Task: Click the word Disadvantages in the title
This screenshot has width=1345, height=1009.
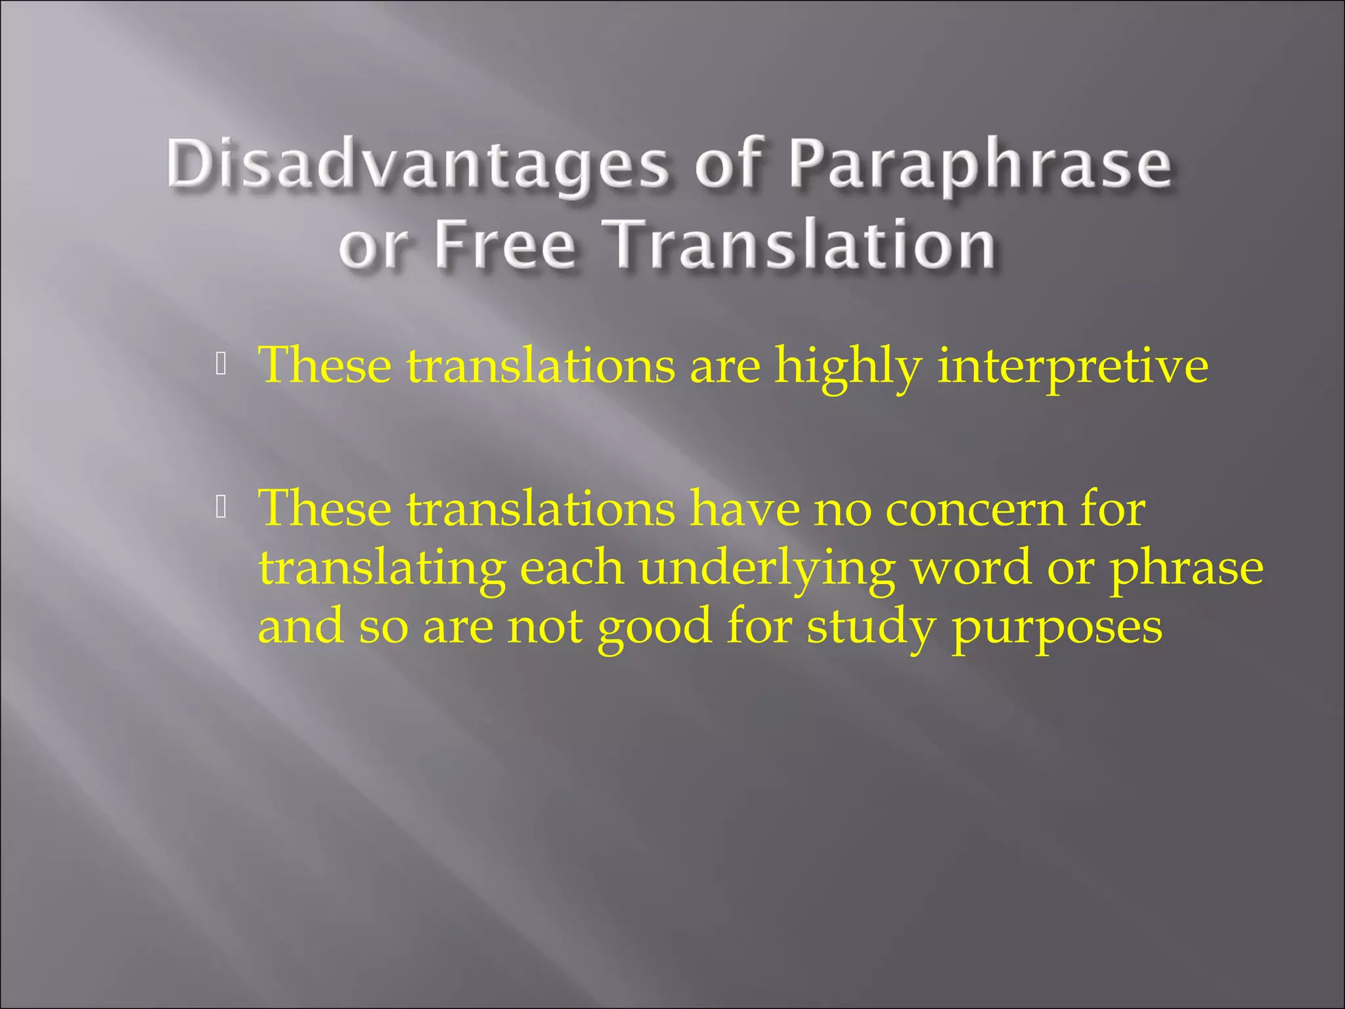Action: tap(418, 164)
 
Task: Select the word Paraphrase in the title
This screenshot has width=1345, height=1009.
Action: tap(979, 164)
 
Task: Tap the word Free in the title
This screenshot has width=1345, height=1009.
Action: tap(504, 244)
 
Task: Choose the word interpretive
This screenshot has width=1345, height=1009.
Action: tap(1072, 366)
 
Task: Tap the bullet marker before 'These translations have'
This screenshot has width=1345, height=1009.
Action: tap(221, 506)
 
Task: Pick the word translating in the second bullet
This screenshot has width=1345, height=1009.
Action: tap(382, 569)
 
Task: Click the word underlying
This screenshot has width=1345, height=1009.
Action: tap(767, 569)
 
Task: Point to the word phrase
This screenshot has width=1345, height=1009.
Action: tap(1186, 569)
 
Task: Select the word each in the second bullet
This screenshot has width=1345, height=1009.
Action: tap(571, 568)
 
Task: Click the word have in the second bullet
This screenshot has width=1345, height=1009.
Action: tap(744, 510)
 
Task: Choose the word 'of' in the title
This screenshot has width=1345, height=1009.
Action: tap(728, 164)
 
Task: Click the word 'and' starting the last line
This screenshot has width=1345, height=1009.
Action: tap(300, 626)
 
